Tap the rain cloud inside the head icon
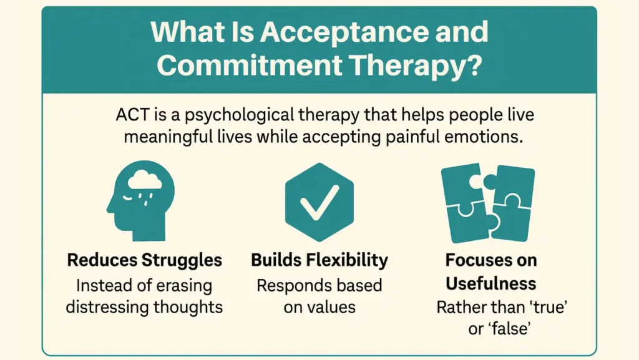tap(145, 181)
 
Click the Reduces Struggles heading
tap(144, 260)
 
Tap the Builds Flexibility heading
tap(319, 260)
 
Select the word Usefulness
tap(490, 284)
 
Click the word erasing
tap(181, 286)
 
